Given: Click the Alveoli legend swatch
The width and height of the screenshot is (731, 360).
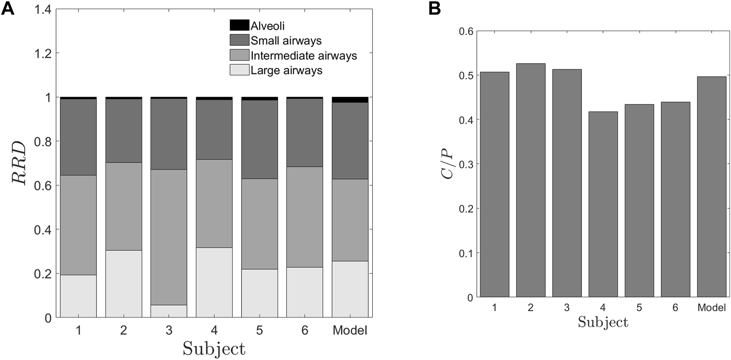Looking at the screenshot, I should [239, 26].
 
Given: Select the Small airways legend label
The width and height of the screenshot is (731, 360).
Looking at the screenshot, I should [286, 41].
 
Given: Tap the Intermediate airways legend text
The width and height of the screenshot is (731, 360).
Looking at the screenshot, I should [304, 56].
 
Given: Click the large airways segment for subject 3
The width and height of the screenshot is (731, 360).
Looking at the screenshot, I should [169, 311].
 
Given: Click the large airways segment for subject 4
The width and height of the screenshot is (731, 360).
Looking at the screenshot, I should [214, 282].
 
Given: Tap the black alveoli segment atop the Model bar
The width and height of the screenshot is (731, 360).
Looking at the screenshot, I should [350, 100].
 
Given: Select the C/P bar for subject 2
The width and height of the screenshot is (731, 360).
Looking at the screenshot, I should [531, 180].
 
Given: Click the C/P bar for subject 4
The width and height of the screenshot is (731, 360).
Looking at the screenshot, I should [603, 204].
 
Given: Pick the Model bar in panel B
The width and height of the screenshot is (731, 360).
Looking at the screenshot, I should [712, 187].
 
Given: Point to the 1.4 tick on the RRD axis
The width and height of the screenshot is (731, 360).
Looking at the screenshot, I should [44, 9].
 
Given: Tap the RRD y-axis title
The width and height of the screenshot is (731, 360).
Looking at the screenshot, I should [19, 162].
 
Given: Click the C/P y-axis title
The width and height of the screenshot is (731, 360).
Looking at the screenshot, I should [448, 164].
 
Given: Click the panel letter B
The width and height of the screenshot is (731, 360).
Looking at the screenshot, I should [435, 9].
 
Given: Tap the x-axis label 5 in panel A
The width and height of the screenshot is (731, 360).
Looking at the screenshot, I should [260, 331].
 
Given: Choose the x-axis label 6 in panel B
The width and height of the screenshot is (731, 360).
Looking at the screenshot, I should [675, 308].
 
